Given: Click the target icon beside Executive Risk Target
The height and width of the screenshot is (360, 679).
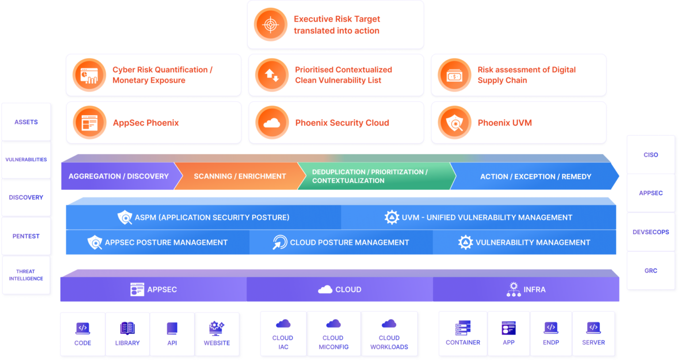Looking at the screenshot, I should click(x=271, y=25).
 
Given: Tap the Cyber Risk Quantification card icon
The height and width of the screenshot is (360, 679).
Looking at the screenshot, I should click(x=89, y=75).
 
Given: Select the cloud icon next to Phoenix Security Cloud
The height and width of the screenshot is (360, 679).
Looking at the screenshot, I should click(x=271, y=123).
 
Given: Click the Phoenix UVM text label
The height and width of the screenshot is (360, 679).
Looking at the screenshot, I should click(x=504, y=123).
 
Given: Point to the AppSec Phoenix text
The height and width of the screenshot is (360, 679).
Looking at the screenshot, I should click(x=145, y=123).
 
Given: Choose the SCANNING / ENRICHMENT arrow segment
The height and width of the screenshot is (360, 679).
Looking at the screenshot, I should click(x=240, y=176).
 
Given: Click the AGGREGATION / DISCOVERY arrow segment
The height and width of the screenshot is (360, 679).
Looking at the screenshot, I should click(x=118, y=176).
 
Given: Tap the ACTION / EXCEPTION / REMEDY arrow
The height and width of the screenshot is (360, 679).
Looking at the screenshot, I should click(x=535, y=176).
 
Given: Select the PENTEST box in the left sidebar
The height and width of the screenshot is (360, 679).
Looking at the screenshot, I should click(x=26, y=236).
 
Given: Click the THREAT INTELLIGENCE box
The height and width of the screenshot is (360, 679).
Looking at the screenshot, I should click(x=26, y=275).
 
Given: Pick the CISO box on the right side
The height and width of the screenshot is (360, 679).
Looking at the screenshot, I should click(x=651, y=155).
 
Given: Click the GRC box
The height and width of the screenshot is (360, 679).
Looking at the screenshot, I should click(x=651, y=271).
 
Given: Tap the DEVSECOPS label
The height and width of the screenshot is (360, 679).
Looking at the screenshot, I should click(x=651, y=232).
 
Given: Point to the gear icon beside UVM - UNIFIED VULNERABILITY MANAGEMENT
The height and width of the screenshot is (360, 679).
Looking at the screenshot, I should click(x=392, y=217).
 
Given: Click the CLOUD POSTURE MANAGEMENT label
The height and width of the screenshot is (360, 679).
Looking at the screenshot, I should click(x=349, y=242).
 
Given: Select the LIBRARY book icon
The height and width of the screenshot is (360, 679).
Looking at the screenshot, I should click(x=127, y=328).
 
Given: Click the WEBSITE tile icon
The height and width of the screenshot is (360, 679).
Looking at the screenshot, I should click(x=217, y=328).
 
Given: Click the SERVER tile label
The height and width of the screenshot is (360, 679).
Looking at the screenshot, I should click(x=593, y=342).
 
